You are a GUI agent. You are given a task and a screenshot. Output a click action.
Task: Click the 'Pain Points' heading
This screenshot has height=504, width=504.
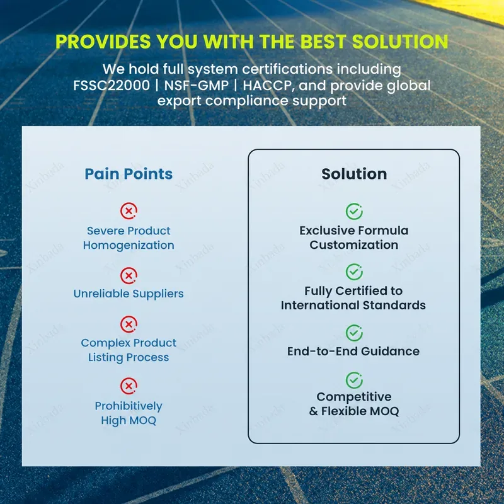point(129,174)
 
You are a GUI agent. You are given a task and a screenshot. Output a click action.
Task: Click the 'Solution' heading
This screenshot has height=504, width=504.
point(354,174)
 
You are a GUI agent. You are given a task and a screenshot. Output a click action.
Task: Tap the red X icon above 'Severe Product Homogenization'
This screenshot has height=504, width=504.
point(129,211)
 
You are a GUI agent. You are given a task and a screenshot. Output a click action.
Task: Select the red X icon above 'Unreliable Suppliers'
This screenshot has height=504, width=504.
point(129,275)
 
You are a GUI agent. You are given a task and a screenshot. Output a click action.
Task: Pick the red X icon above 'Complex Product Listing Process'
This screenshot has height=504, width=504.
point(129,324)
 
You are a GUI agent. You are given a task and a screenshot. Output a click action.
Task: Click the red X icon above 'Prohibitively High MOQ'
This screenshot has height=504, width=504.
point(129,386)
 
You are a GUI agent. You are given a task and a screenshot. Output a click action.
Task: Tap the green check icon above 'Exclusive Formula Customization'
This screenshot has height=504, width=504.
point(354,211)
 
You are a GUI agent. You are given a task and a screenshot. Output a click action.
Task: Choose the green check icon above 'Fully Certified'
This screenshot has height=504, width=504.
point(354,272)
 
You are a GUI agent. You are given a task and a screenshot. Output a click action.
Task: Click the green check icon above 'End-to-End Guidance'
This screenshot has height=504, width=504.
point(354,333)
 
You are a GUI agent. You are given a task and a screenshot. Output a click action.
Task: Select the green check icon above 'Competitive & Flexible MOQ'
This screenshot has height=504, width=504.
point(354,381)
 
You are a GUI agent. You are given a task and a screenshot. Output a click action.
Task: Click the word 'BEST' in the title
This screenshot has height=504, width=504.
point(323,42)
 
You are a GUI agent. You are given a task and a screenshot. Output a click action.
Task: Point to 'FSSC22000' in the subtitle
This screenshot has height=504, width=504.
point(112,86)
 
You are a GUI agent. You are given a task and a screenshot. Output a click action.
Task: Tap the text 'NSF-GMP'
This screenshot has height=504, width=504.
point(196,86)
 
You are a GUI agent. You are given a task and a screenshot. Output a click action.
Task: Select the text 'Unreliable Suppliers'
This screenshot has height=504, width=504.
point(129,294)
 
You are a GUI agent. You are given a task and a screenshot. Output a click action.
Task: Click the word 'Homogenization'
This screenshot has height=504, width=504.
point(129,246)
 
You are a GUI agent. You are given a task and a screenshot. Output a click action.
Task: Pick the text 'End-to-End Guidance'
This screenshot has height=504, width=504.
point(353,352)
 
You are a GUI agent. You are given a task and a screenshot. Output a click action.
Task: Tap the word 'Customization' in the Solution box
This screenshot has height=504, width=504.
point(354,245)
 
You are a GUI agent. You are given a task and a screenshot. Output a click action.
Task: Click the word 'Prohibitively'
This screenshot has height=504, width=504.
point(129,406)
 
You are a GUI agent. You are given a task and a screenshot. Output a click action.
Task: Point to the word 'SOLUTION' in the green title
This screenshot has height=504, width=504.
point(400,42)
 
